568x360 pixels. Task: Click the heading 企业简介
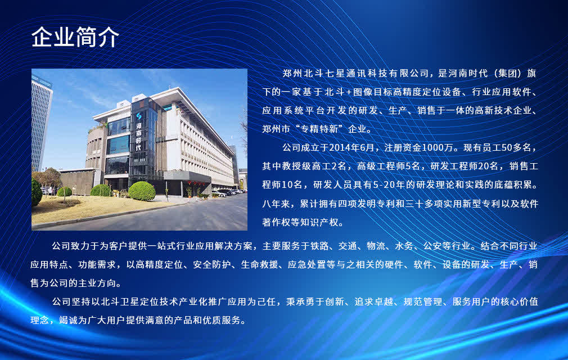click(x=75, y=37)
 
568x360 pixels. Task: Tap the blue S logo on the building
click(x=139, y=116)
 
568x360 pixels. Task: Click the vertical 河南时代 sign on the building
click(x=139, y=137)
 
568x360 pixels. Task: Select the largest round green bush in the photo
click(x=142, y=191)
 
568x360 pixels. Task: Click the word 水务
click(x=404, y=246)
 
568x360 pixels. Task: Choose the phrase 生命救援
click(x=259, y=265)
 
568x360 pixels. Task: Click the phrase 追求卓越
click(x=374, y=301)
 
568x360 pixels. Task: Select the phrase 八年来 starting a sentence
click(x=276, y=204)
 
